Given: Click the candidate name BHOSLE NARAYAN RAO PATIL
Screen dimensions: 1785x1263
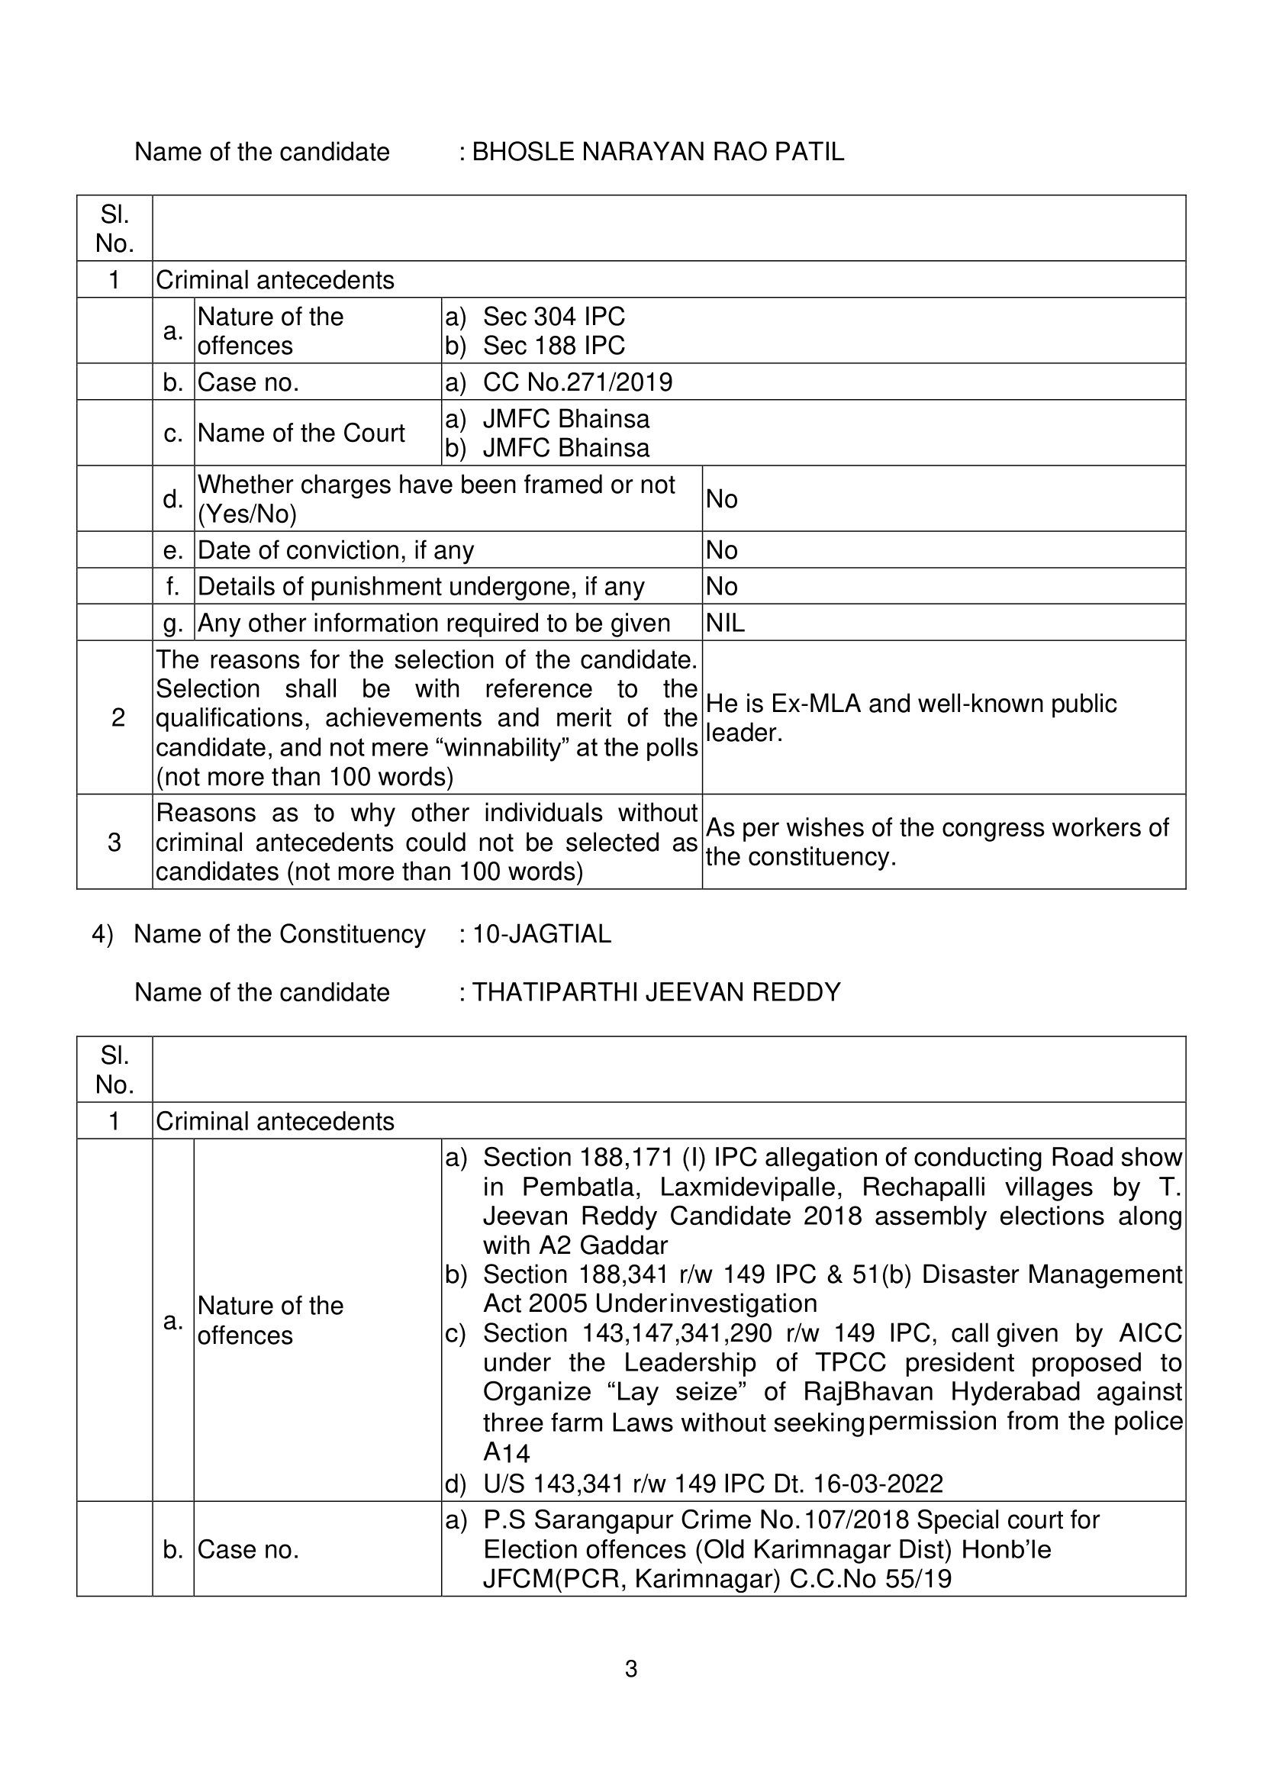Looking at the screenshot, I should point(658,152).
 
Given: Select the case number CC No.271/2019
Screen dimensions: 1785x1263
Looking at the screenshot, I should point(577,382).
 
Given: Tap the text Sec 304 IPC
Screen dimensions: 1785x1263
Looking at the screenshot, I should point(554,317).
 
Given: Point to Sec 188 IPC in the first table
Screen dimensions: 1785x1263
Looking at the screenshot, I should point(554,346).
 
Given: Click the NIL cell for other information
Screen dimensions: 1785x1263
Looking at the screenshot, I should point(725,623).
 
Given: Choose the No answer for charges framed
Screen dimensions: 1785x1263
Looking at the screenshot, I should point(722,498).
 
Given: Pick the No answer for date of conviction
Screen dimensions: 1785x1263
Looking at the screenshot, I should point(722,550).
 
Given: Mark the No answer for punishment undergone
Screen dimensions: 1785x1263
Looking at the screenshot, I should point(722,586).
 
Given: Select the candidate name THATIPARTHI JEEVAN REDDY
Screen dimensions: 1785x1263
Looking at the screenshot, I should point(656,992).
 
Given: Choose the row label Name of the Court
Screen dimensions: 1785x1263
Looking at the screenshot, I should point(301,433).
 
